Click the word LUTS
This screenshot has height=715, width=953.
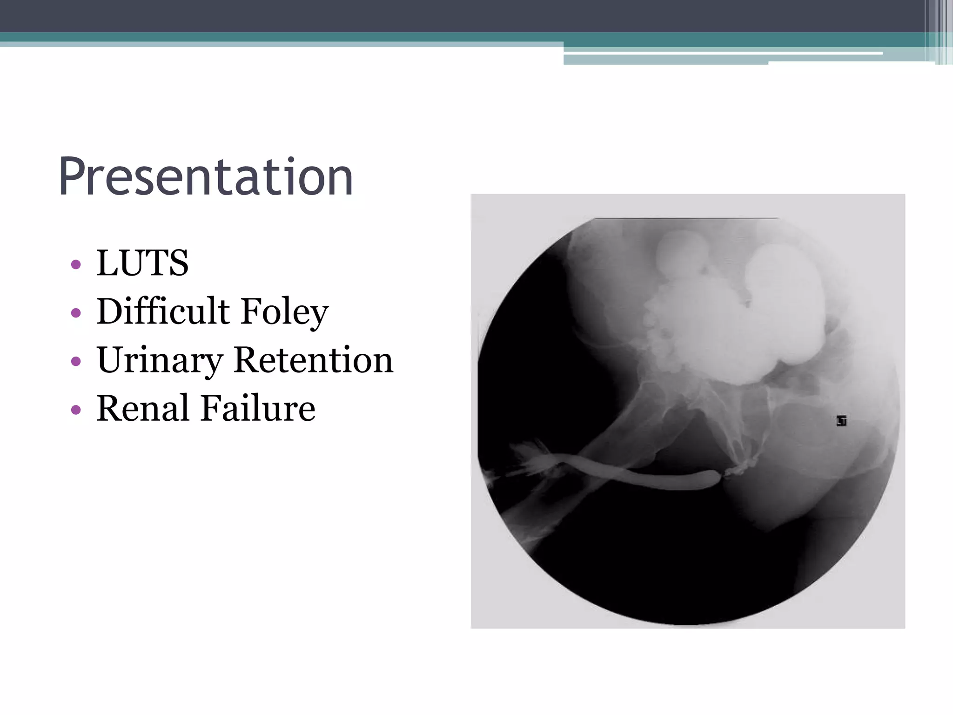coord(142,263)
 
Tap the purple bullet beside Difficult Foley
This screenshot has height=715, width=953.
coord(76,313)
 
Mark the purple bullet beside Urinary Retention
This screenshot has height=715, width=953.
coord(76,361)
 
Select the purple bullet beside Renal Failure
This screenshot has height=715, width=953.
coord(76,410)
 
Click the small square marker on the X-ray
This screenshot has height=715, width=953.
coord(841,421)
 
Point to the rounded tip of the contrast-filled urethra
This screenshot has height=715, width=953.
coord(712,478)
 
